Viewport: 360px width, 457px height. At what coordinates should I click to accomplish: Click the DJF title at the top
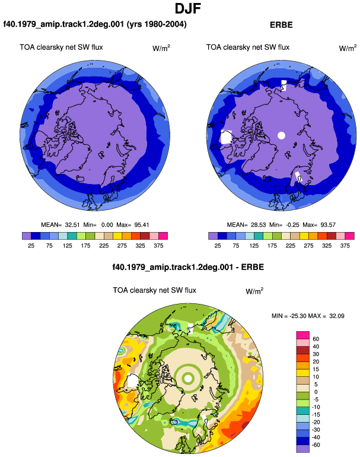pyautogui.click(x=187, y=8)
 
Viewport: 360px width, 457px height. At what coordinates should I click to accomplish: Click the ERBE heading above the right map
pyautogui.click(x=281, y=25)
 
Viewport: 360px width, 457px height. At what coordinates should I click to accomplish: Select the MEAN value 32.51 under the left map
pyautogui.click(x=72, y=225)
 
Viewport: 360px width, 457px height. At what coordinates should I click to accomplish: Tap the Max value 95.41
pyautogui.click(x=142, y=225)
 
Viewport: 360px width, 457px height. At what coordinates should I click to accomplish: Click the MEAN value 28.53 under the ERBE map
pyautogui.click(x=259, y=225)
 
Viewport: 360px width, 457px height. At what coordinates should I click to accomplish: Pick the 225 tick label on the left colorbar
pyautogui.click(x=104, y=246)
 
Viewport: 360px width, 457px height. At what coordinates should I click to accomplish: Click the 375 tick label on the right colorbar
pyautogui.click(x=345, y=246)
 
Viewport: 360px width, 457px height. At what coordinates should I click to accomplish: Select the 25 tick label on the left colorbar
pyautogui.click(x=31, y=246)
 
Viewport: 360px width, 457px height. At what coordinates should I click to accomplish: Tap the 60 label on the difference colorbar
pyautogui.click(x=316, y=339)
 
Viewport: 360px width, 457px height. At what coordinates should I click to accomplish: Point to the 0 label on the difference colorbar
pyautogui.click(x=316, y=392)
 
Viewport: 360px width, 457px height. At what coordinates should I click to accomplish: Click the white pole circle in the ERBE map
pyautogui.click(x=281, y=135)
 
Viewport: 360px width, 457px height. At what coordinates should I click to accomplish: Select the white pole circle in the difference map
pyautogui.click(x=188, y=379)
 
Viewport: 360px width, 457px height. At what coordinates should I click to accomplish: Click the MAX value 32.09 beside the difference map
pyautogui.click(x=337, y=316)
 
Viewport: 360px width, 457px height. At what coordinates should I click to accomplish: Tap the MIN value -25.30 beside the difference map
pyautogui.click(x=298, y=316)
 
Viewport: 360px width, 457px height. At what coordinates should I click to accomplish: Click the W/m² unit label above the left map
pyautogui.click(x=161, y=48)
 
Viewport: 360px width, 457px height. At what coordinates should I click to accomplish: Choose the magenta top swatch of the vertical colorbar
pyautogui.click(x=302, y=335)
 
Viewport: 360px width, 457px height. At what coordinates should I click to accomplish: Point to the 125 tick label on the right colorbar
pyautogui.click(x=254, y=246)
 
